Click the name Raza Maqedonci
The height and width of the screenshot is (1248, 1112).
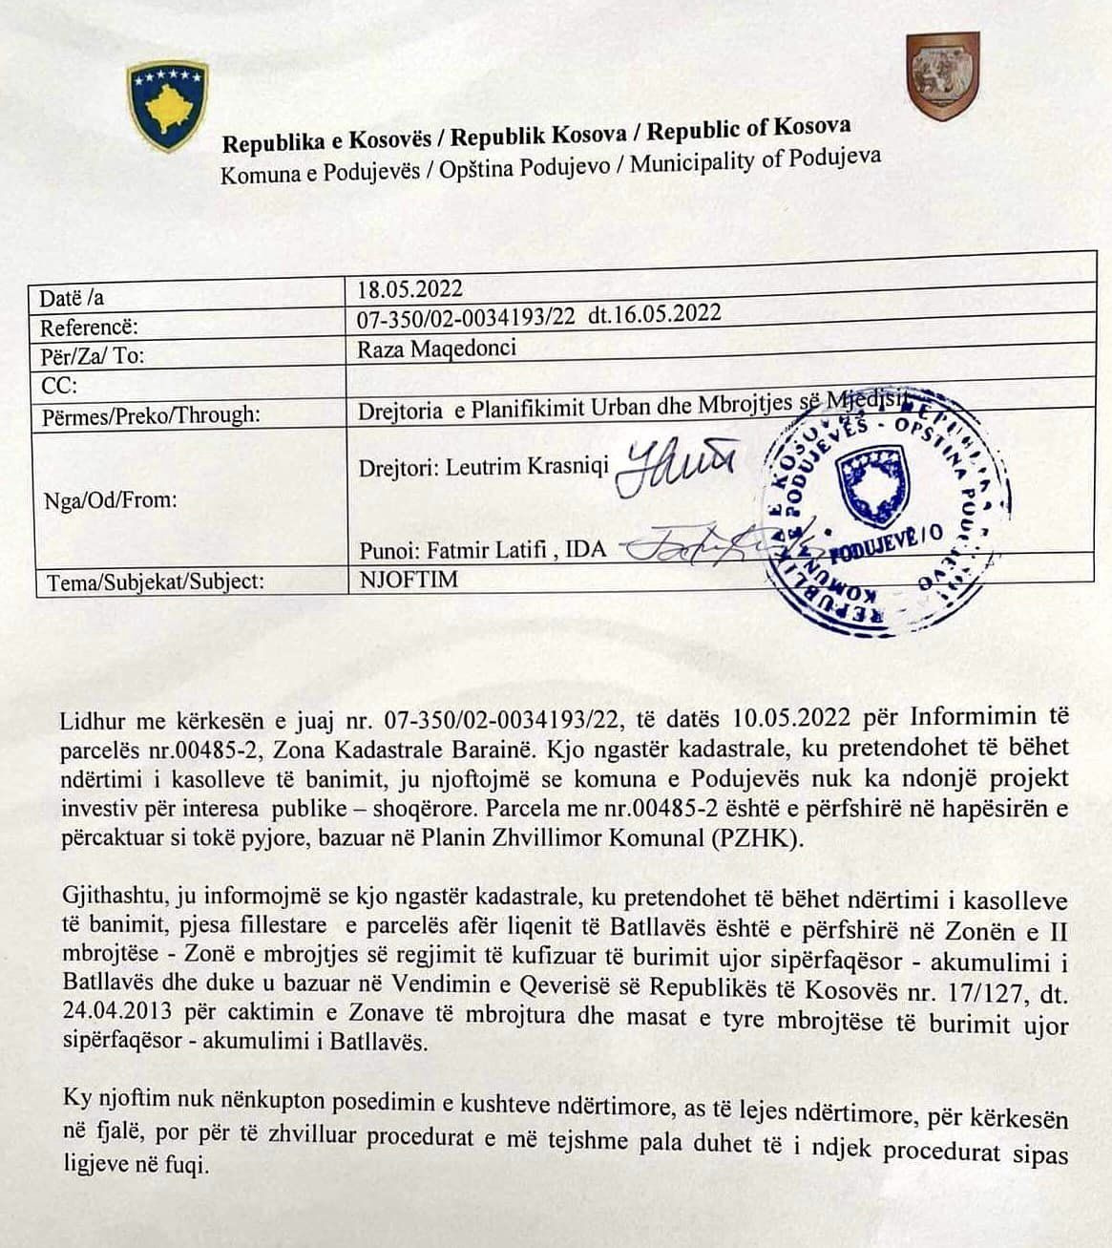[x=436, y=348]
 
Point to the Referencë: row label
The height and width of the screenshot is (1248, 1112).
[x=89, y=328]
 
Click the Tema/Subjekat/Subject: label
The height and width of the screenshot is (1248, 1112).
[x=152, y=582]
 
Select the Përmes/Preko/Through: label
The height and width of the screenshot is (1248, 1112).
[x=150, y=414]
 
